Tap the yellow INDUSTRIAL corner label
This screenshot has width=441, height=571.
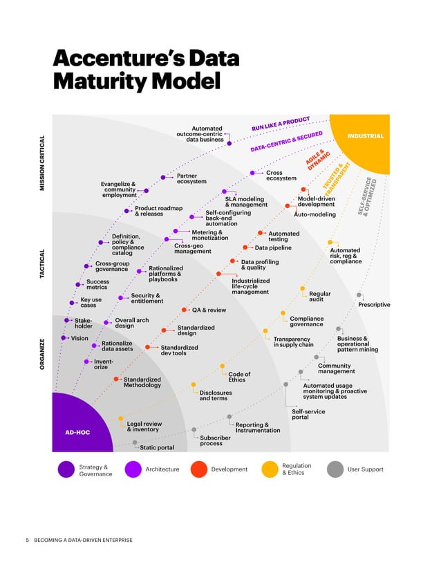[366, 136]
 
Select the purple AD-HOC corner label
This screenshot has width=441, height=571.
[77, 432]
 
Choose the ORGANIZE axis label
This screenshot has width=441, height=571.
[44, 354]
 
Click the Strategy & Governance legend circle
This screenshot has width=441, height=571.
[66, 469]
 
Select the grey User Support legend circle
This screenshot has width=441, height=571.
[335, 469]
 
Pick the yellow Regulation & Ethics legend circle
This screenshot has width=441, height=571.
[269, 469]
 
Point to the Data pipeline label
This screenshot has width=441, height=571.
[273, 247]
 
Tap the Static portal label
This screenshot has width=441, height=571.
[157, 447]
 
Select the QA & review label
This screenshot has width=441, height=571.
[209, 310]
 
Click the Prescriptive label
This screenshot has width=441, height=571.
[373, 305]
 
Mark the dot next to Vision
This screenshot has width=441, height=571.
[64, 338]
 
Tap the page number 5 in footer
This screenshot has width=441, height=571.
[27, 539]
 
